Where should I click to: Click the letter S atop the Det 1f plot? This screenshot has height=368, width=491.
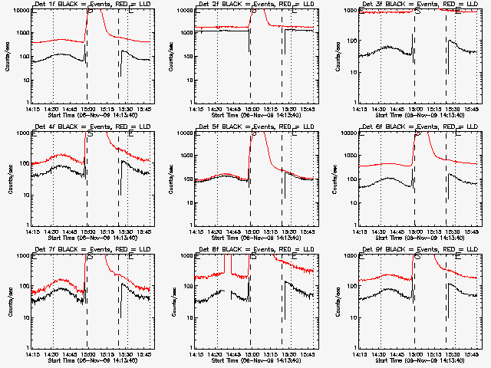pos(91,11)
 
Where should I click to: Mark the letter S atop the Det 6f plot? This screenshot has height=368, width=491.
pos(418,134)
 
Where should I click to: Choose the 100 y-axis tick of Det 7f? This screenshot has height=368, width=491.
pos(23,286)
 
